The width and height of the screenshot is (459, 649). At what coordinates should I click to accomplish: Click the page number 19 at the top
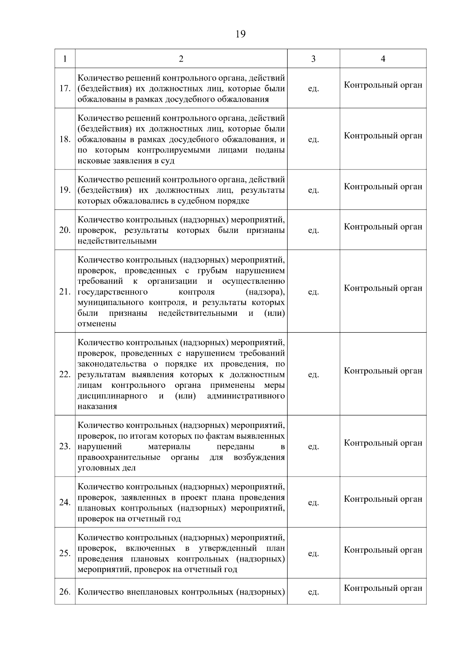pyautogui.click(x=241, y=34)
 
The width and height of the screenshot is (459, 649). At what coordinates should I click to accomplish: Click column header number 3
pyautogui.click(x=313, y=59)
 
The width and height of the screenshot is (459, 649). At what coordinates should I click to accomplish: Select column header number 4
pyautogui.click(x=383, y=59)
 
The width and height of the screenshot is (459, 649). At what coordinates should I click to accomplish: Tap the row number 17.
pyautogui.click(x=65, y=89)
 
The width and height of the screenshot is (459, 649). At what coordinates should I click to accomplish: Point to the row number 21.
pyautogui.click(x=65, y=292)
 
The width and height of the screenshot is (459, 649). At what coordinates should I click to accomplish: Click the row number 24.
pyautogui.click(x=65, y=503)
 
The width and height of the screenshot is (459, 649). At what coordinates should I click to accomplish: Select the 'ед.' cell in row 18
pyautogui.click(x=313, y=140)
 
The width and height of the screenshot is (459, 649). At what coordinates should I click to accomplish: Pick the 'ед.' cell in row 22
pyautogui.click(x=313, y=375)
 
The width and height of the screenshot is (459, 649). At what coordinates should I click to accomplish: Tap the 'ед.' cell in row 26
pyautogui.click(x=313, y=592)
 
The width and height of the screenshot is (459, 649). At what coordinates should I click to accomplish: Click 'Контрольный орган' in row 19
pyautogui.click(x=383, y=187)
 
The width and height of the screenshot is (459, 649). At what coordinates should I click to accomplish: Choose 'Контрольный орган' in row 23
pyautogui.click(x=383, y=443)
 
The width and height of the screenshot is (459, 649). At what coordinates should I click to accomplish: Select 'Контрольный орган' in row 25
pyautogui.click(x=383, y=550)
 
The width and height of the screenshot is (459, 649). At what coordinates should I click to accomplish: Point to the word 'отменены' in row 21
pyautogui.click(x=97, y=324)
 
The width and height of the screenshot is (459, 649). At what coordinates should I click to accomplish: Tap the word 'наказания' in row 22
pyautogui.click(x=97, y=407)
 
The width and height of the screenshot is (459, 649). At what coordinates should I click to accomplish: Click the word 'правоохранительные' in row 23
pyautogui.click(x=119, y=457)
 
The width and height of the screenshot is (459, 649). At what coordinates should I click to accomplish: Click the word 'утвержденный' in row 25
pyautogui.click(x=228, y=548)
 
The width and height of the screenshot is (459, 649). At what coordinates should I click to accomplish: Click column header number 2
pyautogui.click(x=181, y=59)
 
